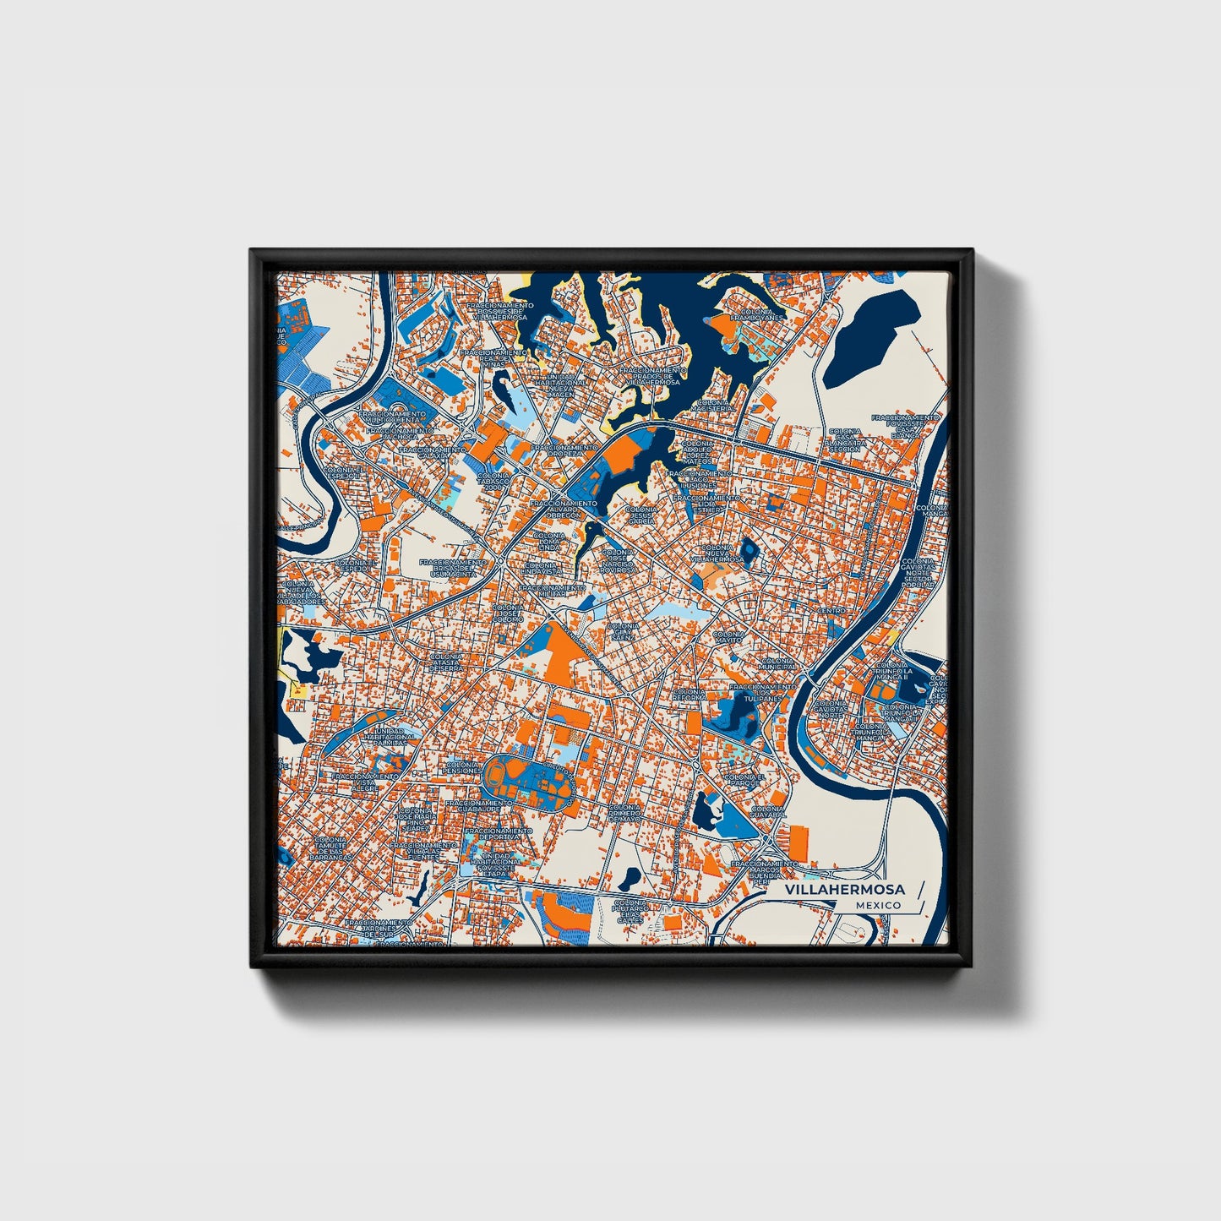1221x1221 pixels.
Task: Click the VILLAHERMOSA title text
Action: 844,890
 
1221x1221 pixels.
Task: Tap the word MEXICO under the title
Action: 877,905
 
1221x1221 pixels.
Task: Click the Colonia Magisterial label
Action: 714,406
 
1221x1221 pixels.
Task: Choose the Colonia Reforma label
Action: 690,695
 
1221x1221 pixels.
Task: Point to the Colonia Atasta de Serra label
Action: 445,662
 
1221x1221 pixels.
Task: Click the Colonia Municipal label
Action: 778,664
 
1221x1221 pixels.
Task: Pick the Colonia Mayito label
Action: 728,637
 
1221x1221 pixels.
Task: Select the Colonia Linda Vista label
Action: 542,569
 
